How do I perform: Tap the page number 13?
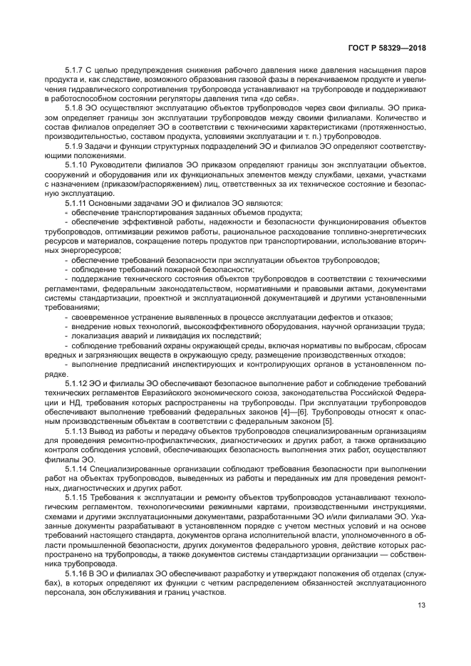[x=422, y=605]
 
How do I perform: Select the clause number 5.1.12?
[x=76, y=382]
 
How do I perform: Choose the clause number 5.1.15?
[x=76, y=496]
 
